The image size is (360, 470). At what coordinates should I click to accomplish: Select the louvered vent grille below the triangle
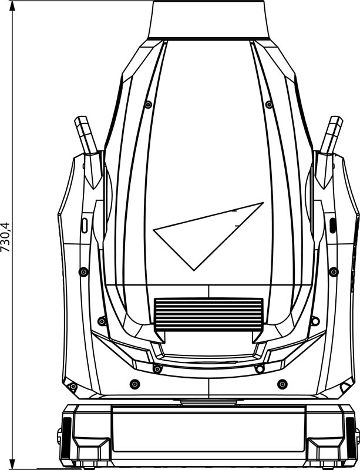tap(208, 312)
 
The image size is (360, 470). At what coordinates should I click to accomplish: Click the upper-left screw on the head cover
tap(146, 105)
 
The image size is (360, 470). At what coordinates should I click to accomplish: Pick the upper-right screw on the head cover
tap(269, 105)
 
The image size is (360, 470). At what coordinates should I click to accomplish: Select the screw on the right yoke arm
tap(334, 271)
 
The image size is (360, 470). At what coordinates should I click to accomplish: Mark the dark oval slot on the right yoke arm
tap(332, 224)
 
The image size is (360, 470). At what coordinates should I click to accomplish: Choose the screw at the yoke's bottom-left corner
tap(73, 387)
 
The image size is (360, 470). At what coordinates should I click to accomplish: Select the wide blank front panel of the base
tap(208, 431)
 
